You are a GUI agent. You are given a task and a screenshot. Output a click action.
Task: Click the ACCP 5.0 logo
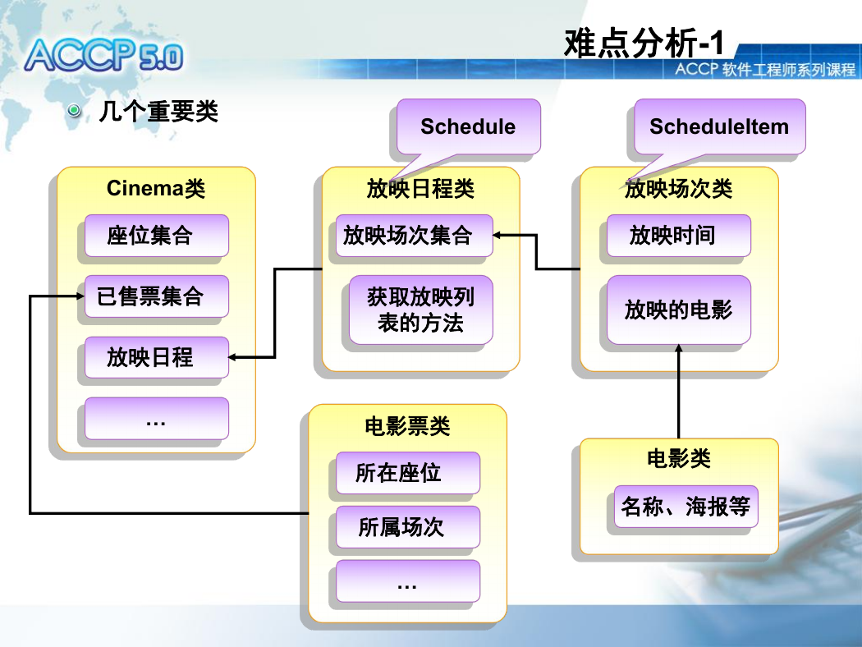click(104, 56)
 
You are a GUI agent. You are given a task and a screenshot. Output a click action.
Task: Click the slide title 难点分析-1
click(644, 43)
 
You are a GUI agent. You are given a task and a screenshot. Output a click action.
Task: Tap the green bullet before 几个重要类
click(74, 111)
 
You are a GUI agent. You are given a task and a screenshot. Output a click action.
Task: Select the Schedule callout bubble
click(469, 126)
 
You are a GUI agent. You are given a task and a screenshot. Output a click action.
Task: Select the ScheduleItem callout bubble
click(719, 126)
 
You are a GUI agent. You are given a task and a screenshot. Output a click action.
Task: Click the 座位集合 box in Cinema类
click(157, 236)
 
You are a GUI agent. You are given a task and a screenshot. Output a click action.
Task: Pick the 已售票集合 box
click(157, 296)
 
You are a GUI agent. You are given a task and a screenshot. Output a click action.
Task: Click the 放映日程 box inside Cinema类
click(157, 357)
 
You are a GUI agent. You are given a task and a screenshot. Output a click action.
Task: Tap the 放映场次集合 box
click(415, 236)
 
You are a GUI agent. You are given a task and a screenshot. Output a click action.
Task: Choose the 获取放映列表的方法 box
click(421, 310)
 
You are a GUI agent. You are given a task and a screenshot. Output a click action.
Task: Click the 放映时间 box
click(679, 236)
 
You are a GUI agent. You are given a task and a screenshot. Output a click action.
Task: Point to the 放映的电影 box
click(679, 310)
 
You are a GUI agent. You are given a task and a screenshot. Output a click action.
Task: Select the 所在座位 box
click(408, 473)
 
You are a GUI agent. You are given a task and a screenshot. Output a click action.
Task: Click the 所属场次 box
click(408, 527)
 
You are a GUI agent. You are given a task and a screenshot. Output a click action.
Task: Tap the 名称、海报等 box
click(686, 507)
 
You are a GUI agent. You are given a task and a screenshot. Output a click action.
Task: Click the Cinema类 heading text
click(156, 189)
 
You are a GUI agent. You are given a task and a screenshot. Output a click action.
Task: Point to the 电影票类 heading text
click(407, 426)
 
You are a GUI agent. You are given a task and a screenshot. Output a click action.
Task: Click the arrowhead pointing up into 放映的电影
click(679, 348)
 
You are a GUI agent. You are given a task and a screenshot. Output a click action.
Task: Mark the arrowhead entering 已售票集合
click(80, 296)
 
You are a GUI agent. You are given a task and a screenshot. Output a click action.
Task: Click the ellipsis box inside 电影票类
click(408, 581)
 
